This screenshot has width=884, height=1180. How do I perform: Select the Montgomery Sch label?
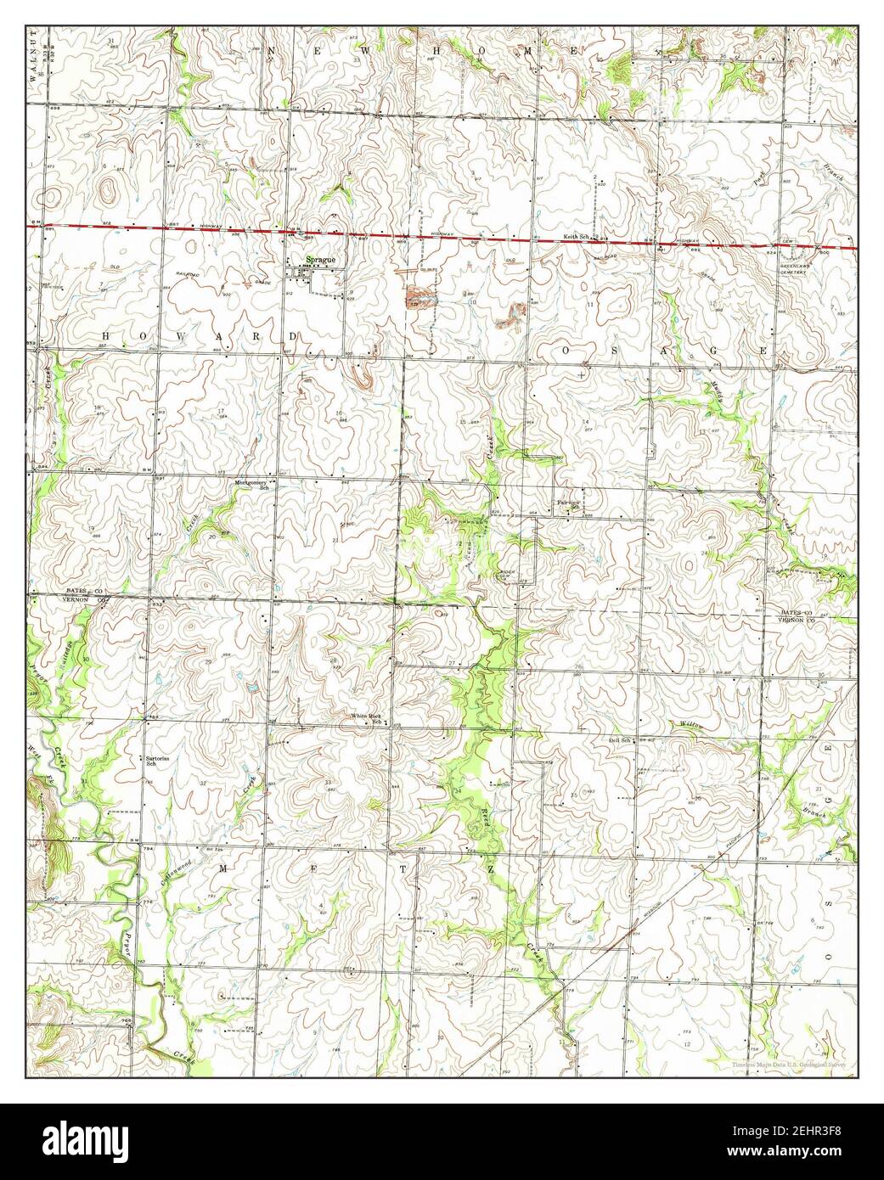pyautogui.click(x=251, y=485)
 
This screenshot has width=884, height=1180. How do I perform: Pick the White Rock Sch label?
pyautogui.click(x=368, y=718)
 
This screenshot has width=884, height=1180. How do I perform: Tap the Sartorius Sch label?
pyautogui.click(x=154, y=760)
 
